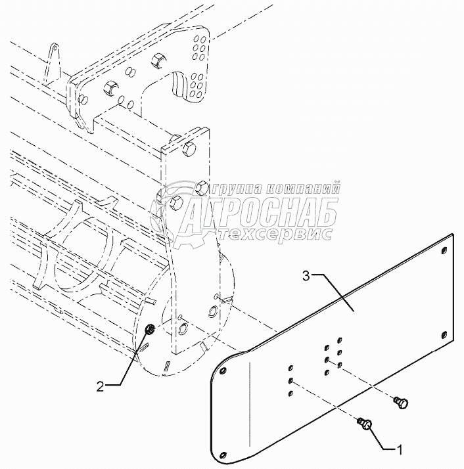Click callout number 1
pos(399,449)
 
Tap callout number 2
pos(101,387)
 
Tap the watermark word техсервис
pos(276,233)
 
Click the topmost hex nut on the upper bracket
pos(158,61)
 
